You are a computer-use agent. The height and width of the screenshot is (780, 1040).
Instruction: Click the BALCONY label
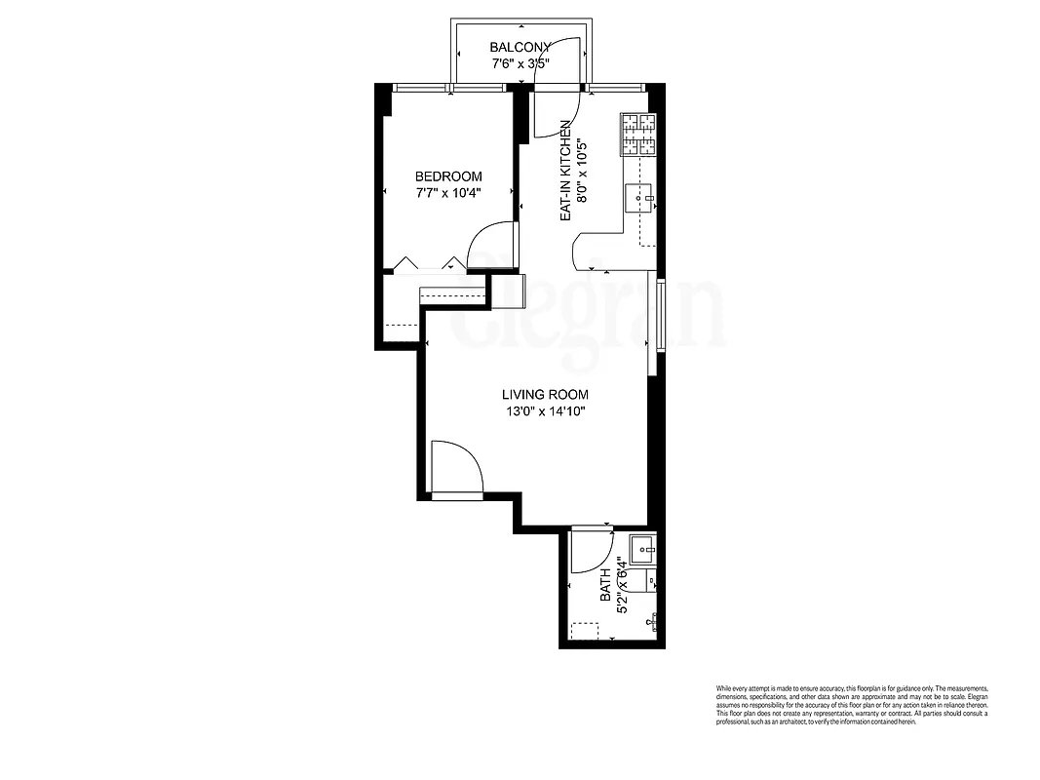[x=520, y=47]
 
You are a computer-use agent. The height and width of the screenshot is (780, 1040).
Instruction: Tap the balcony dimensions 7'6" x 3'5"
[x=520, y=64]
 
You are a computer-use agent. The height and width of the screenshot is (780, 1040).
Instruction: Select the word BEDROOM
[x=448, y=176]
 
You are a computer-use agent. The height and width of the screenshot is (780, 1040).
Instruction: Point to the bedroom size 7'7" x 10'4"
[x=448, y=193]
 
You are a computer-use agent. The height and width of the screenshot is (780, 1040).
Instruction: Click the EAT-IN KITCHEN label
[x=565, y=172]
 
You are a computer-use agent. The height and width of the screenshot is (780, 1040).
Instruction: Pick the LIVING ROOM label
[x=545, y=395]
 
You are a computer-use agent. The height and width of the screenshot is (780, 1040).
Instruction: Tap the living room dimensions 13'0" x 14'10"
[x=545, y=411]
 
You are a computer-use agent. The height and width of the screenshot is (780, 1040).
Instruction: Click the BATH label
[x=605, y=584]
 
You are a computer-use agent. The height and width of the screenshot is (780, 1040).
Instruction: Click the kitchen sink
[x=641, y=198]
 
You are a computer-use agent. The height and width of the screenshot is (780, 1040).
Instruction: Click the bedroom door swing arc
[x=491, y=247]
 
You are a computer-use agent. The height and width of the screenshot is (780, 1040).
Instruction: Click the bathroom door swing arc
[x=590, y=552]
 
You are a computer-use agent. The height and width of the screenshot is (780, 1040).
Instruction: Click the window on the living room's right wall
[x=662, y=314]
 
